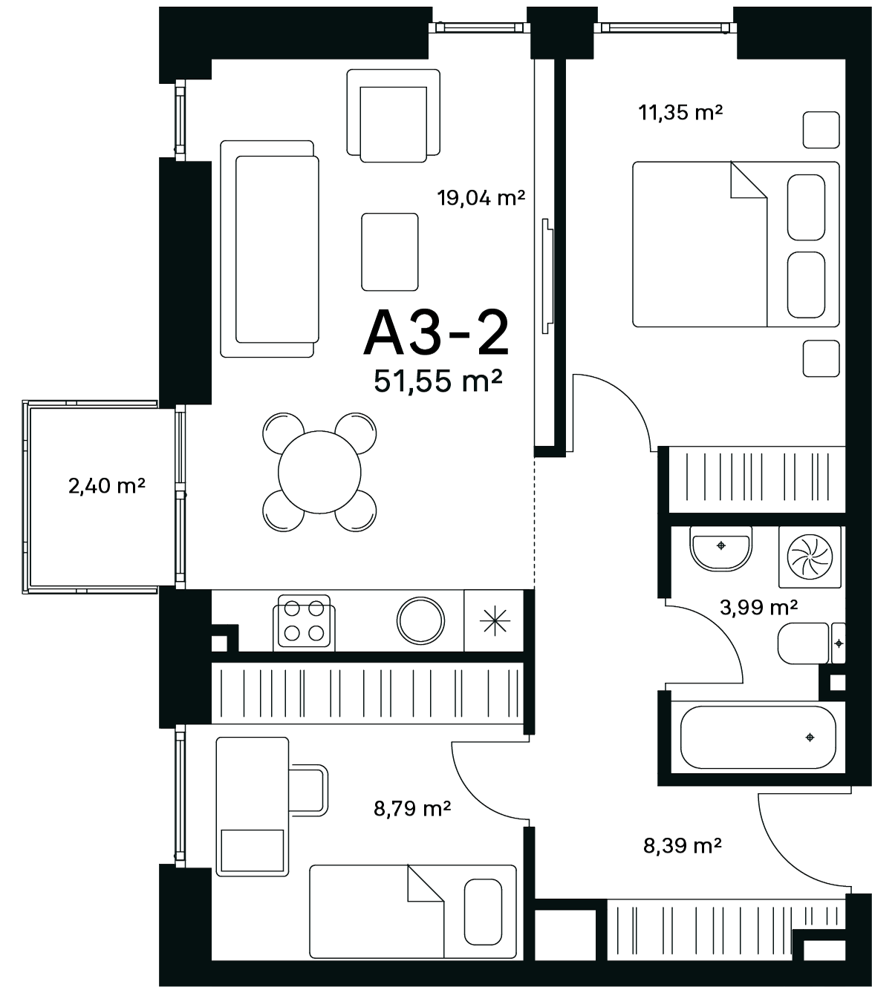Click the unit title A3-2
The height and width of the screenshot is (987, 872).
tap(437, 334)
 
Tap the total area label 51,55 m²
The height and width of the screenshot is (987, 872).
tap(438, 381)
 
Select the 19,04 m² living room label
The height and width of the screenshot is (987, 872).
tap(481, 198)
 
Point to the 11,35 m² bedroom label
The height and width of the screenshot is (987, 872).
tap(680, 113)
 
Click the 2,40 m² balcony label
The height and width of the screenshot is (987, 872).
tap(107, 485)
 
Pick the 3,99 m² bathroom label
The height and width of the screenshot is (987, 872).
tap(759, 608)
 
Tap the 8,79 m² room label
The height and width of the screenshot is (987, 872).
tap(412, 809)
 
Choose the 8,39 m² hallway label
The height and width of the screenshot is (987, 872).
tap(683, 846)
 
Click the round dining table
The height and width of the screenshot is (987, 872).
tap(319, 472)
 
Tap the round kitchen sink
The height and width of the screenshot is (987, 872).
tap(420, 621)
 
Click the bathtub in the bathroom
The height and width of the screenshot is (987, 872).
tap(758, 738)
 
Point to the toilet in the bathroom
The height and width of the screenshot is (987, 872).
tap(811, 643)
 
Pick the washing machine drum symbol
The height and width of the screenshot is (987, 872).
tap(810, 557)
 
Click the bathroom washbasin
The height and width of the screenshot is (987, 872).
tap(720, 548)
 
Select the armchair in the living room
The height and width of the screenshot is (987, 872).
tap(394, 116)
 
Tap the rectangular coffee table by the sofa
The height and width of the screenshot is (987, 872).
tap(390, 252)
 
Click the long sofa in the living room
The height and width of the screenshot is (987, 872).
tap(270, 249)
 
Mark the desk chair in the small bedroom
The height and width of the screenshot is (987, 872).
tap(308, 790)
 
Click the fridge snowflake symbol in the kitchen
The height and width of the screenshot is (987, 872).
tap(495, 620)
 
